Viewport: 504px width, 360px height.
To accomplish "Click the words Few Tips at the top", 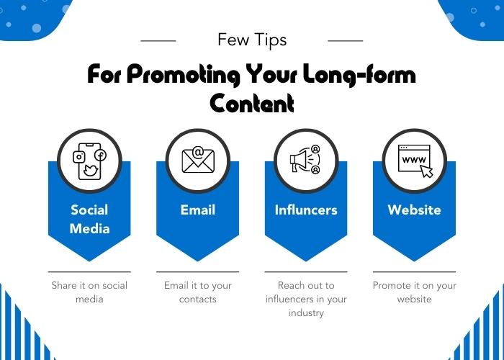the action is coord(252,40).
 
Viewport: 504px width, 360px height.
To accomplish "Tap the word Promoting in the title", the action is coord(183,75).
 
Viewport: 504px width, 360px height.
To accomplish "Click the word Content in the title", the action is coord(252,103).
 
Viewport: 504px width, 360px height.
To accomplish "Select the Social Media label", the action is coord(89,219).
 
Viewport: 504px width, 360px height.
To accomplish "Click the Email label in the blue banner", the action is coord(198,210).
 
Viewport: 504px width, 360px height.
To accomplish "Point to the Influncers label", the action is coord(306,210).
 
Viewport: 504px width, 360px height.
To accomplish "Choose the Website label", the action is coord(414,210).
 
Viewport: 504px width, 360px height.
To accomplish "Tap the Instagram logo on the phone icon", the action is coord(78,157).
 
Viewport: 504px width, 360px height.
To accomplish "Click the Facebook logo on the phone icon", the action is coord(100,156).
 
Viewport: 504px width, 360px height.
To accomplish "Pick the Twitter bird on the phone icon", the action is coord(90,171).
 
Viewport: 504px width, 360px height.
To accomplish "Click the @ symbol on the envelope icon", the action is coord(199,152).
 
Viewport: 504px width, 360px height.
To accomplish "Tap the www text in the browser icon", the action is coord(414,159).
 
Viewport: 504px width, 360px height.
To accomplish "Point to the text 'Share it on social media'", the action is coord(89,292).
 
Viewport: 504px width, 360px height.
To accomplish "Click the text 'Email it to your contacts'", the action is coord(198,292).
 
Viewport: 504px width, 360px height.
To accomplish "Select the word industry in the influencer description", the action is coord(306,312).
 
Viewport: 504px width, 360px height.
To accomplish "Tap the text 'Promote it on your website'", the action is coord(414,292).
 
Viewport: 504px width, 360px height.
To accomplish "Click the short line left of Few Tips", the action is coord(158,41).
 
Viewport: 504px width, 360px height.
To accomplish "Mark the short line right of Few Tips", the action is coord(345,41).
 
